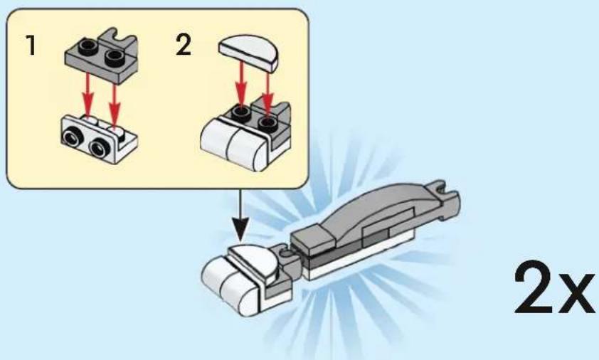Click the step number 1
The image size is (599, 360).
(x=31, y=45)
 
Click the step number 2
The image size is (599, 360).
(x=184, y=45)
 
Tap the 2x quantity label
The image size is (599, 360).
(x=554, y=288)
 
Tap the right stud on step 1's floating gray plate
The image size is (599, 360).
(x=115, y=57)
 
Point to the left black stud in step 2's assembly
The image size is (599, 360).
(x=240, y=111)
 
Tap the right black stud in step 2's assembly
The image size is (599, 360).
(x=267, y=123)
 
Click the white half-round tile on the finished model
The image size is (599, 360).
(x=254, y=262)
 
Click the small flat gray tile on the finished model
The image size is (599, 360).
(x=312, y=239)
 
